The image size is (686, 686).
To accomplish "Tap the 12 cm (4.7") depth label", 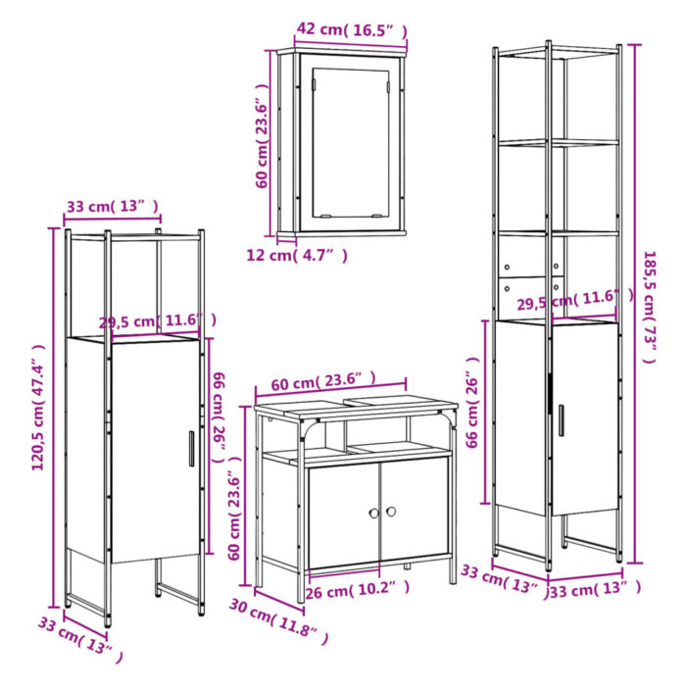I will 295,256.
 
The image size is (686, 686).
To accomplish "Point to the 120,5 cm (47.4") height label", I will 38,407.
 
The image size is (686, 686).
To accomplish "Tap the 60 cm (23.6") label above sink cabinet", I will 329,379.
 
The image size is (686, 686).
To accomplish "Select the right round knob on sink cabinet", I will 389,512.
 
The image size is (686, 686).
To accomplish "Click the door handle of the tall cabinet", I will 561,419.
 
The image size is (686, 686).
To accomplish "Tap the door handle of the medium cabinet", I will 191,449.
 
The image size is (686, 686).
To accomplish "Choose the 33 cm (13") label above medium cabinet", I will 112,206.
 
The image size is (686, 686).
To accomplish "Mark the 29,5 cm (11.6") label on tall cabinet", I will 568,301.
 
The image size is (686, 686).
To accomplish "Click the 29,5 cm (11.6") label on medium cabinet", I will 157,321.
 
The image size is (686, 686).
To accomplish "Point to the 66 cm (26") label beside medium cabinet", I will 220,412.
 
